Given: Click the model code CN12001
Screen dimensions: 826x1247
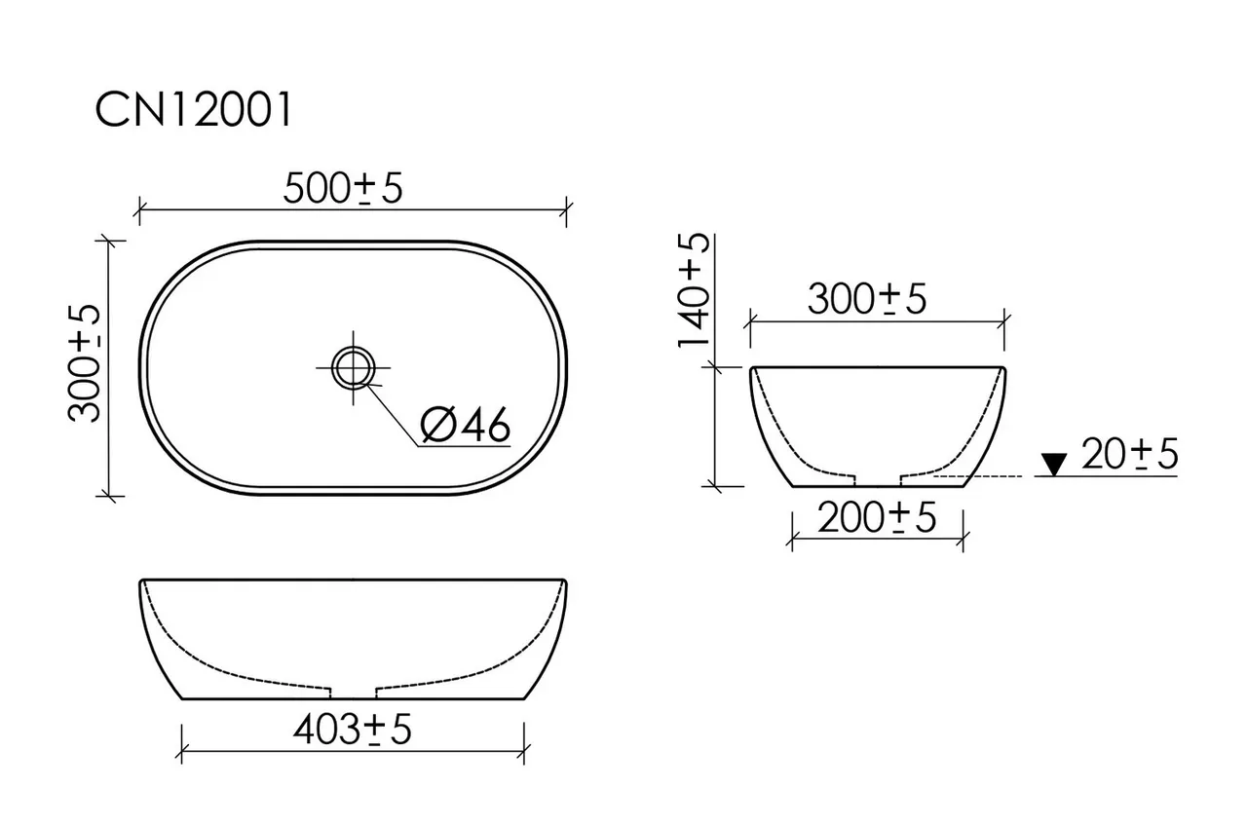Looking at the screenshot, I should coord(193,112).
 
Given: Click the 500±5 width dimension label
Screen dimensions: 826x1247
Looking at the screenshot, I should coord(342,189).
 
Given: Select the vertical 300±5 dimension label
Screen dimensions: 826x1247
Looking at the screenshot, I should coord(85,361).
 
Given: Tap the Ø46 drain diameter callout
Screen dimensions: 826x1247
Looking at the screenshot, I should coord(465,426).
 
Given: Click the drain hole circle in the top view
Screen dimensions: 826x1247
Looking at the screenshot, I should coord(352,368).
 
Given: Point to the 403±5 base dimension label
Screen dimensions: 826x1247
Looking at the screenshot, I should coord(352,730).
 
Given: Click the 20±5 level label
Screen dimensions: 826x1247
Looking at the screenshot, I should coord(1129,454).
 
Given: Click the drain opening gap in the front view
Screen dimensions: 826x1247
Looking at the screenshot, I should coord(354,693).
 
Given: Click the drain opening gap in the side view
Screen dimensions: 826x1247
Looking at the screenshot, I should coord(877,479).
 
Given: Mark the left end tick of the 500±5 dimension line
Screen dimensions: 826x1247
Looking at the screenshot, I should coord(139,209).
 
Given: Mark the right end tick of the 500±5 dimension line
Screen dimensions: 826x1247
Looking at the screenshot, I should coord(567,209).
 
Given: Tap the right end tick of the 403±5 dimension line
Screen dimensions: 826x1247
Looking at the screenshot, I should coord(525,750).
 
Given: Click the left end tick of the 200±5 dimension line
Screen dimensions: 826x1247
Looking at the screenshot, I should coord(791,537).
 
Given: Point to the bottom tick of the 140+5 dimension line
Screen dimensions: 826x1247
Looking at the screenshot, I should coord(716,484).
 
